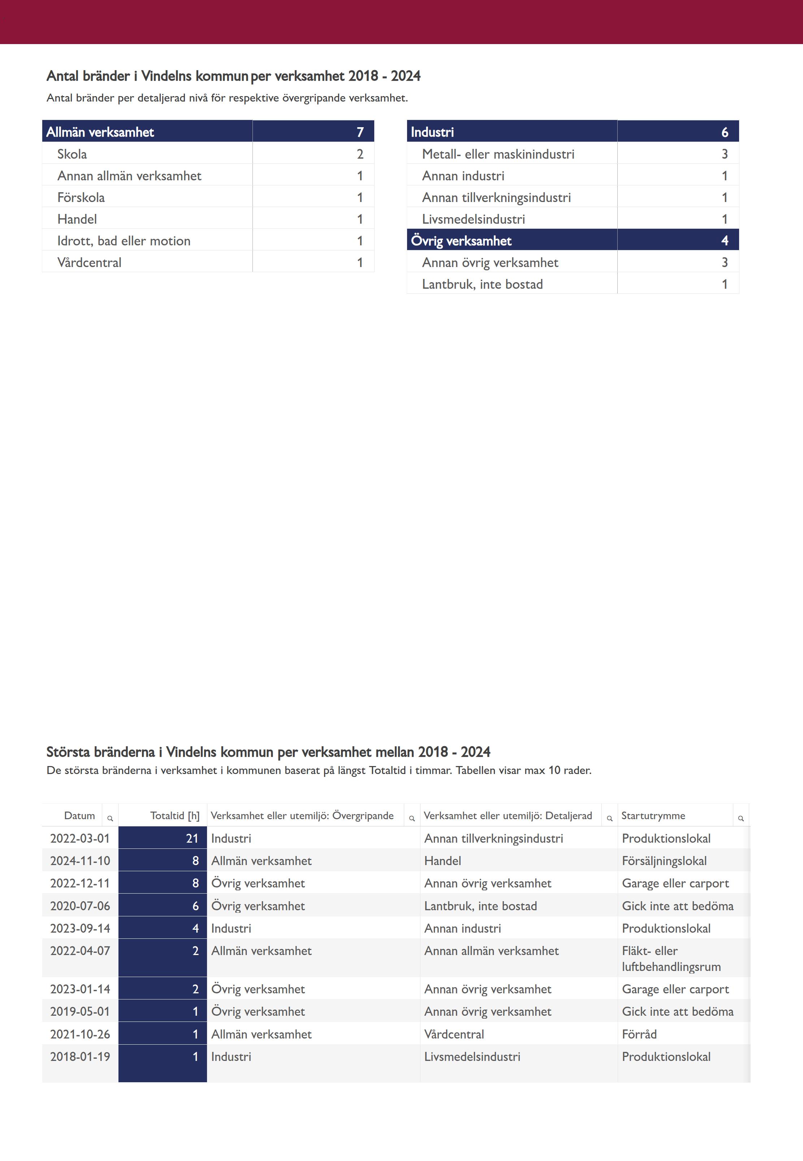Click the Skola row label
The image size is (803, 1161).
pyautogui.click(x=72, y=154)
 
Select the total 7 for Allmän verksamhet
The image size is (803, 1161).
pyautogui.click(x=360, y=132)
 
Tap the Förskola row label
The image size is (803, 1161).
pyautogui.click(x=81, y=197)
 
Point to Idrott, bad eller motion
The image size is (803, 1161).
pyautogui.click(x=124, y=241)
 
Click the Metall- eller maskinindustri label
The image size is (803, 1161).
pyautogui.click(x=498, y=154)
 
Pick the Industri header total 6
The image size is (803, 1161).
pyautogui.click(x=725, y=132)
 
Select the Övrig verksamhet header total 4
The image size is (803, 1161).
pyautogui.click(x=725, y=241)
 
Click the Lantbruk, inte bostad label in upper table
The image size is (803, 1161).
pyautogui.click(x=482, y=284)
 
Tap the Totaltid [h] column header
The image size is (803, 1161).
pyautogui.click(x=174, y=815)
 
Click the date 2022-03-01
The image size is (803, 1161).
pyautogui.click(x=80, y=838)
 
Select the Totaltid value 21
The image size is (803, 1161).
pyautogui.click(x=192, y=838)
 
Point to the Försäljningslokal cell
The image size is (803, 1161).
pyautogui.click(x=664, y=861)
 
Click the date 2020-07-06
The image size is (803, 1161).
pyautogui.click(x=80, y=906)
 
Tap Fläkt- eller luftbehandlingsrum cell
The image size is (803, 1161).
pyautogui.click(x=671, y=959)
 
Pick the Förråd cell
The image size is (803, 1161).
pyautogui.click(x=639, y=1034)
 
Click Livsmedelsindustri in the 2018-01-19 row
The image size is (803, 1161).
pyautogui.click(x=472, y=1057)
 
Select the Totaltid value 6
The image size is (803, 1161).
pyautogui.click(x=196, y=906)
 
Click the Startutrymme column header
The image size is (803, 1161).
pyautogui.click(x=653, y=815)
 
